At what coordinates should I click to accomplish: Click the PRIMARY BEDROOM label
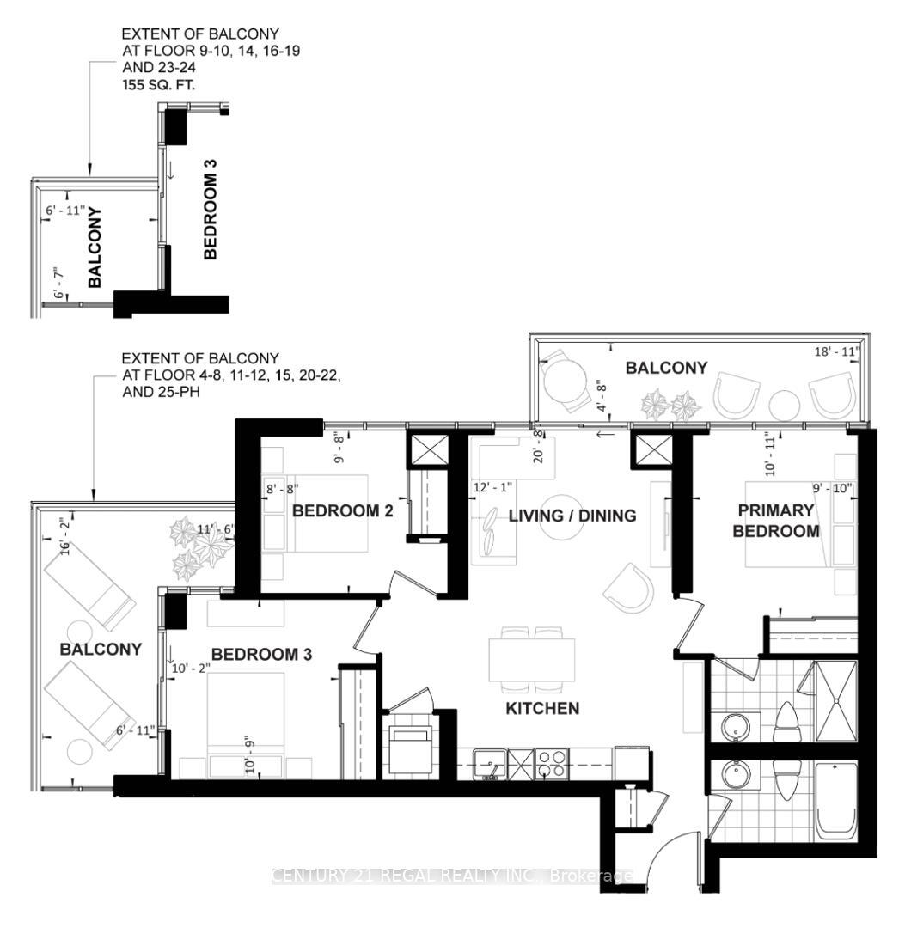point(775,521)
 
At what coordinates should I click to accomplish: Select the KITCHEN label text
point(542,709)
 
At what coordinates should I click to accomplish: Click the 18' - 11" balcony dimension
point(837,351)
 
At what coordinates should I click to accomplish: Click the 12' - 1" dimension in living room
point(492,487)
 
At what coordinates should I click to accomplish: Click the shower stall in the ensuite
point(835,701)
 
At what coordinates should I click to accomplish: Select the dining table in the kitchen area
point(533,660)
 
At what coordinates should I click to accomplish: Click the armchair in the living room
point(629,589)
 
